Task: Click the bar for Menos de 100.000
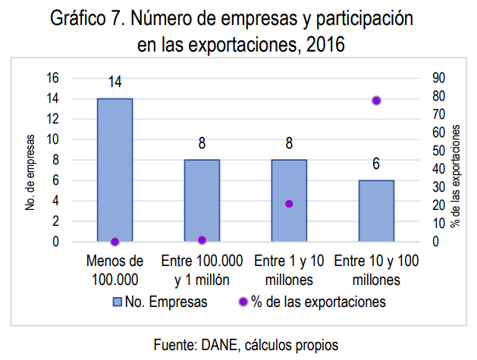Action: pyautogui.click(x=115, y=170)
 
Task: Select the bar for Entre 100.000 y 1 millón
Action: pyautogui.click(x=202, y=200)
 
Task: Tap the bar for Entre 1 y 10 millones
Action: pyautogui.click(x=289, y=200)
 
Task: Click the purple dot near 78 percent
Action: pyautogui.click(x=376, y=101)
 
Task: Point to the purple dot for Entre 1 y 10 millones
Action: pyautogui.click(x=289, y=204)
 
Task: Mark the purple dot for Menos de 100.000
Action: pyautogui.click(x=115, y=242)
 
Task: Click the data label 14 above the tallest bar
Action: pyautogui.click(x=115, y=83)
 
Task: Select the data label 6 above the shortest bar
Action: pyautogui.click(x=376, y=164)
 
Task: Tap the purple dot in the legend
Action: pyautogui.click(x=243, y=302)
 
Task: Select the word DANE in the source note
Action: pyautogui.click(x=217, y=345)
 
